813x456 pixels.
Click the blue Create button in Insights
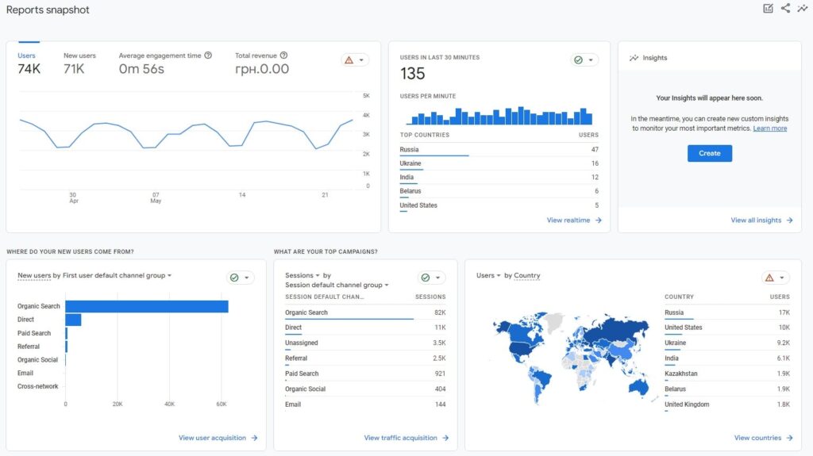tap(710, 153)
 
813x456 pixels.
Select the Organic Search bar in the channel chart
tap(147, 306)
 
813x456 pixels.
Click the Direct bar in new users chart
tap(73, 320)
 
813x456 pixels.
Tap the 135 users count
tap(413, 74)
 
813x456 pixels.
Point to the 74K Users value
tap(29, 69)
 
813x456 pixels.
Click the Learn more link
tap(770, 128)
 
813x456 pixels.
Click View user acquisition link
tap(212, 438)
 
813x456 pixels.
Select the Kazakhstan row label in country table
tap(681, 374)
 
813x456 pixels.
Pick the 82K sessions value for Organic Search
tap(440, 312)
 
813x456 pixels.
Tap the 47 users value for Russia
tap(595, 149)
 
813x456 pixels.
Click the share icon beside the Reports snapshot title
tap(785, 9)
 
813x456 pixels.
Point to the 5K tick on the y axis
tap(367, 95)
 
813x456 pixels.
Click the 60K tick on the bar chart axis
tap(222, 404)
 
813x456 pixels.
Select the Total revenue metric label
tap(256, 56)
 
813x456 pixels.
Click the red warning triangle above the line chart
tap(349, 59)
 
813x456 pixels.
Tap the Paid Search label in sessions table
tap(302, 374)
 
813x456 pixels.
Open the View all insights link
tap(756, 220)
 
